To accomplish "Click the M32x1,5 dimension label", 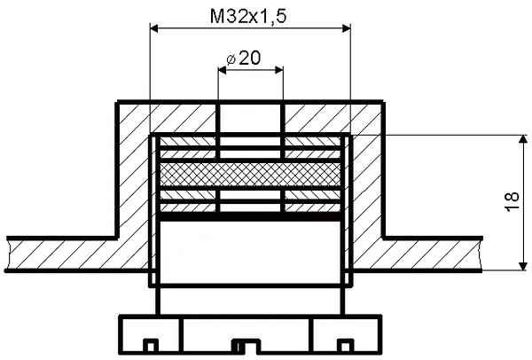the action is point(248,17).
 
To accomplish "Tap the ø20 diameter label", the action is point(244,58).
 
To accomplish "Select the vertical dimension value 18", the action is point(512,202).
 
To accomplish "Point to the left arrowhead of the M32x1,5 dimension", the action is point(154,28).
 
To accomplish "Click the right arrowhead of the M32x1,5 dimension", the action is point(346,28).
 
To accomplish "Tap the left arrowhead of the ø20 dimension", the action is point(223,70).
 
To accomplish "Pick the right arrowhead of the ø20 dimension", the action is point(279,70).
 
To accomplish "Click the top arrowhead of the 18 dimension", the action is point(523,140).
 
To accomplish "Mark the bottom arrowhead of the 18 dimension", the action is point(523,266).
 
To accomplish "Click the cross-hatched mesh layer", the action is point(250,175).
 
